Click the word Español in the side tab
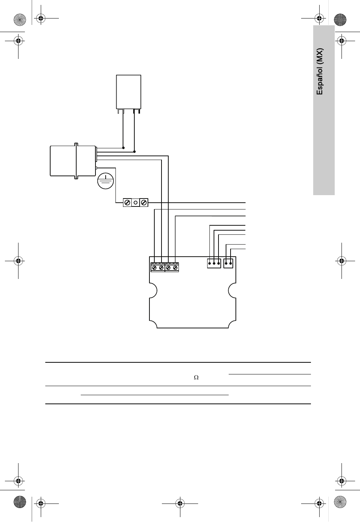320,82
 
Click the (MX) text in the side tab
320,57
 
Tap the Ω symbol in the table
196,377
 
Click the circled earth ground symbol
106,181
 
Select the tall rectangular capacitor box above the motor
129,92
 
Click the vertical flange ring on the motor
76,161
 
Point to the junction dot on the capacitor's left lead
123,148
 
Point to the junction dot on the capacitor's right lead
134,152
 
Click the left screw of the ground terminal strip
127,203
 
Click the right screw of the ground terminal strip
144,203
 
